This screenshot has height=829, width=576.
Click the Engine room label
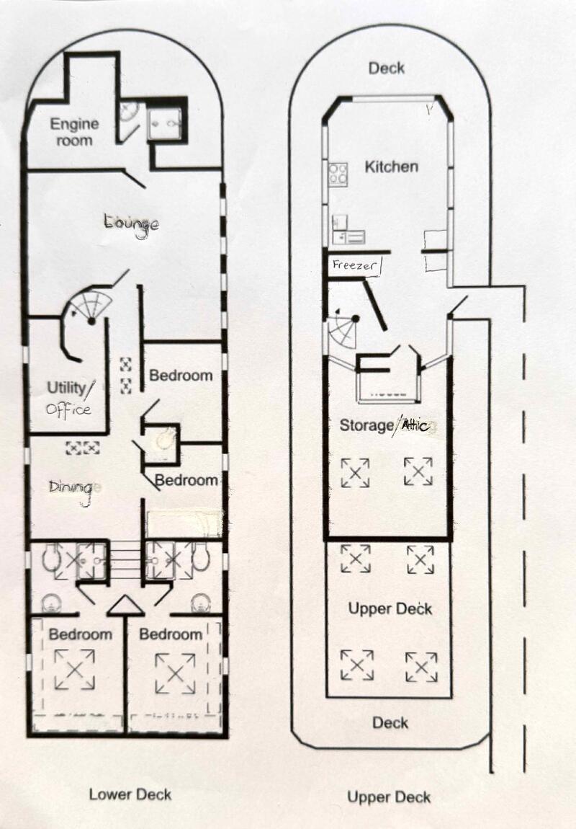pyautogui.click(x=74, y=132)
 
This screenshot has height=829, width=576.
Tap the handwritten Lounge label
pyautogui.click(x=132, y=224)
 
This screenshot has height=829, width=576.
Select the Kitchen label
pyautogui.click(x=391, y=167)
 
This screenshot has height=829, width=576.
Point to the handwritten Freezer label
pyautogui.click(x=356, y=265)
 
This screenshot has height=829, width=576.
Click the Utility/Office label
pyautogui.click(x=70, y=399)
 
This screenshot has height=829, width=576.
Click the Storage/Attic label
pyautogui.click(x=387, y=425)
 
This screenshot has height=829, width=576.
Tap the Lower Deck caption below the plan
pyautogui.click(x=130, y=794)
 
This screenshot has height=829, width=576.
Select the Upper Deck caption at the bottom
pyautogui.click(x=389, y=797)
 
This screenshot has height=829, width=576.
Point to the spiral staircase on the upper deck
pyautogui.click(x=343, y=330)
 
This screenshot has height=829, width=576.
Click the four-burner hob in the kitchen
pyautogui.click(x=338, y=174)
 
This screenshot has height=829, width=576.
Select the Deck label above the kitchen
pyautogui.click(x=387, y=68)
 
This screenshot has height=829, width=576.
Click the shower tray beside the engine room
pyautogui.click(x=166, y=124)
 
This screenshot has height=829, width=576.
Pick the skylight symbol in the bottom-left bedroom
pyautogui.click(x=74, y=670)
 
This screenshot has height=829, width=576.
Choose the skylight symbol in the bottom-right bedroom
pyautogui.click(x=175, y=673)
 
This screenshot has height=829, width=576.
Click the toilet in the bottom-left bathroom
pyautogui.click(x=51, y=559)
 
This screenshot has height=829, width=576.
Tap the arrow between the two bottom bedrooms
pyautogui.click(x=126, y=606)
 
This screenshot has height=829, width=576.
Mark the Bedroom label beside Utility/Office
pyautogui.click(x=181, y=376)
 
